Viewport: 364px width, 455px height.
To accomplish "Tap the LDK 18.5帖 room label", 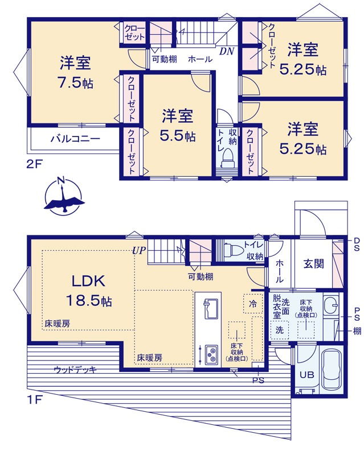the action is point(89,291).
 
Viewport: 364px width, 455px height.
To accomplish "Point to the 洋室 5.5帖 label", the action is point(178,125).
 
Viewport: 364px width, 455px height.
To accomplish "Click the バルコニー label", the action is point(76,138).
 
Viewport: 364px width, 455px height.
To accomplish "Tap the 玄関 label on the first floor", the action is point(313,264).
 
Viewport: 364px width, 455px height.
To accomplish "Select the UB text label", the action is point(307,375).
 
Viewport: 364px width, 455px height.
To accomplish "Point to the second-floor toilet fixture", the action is point(228,159).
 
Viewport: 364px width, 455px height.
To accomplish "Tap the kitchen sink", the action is point(211,308).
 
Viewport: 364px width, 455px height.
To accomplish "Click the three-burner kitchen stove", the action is point(211,354).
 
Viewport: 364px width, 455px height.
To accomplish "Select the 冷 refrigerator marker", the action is point(253,304).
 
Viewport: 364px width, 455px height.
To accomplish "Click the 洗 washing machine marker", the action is point(279,330).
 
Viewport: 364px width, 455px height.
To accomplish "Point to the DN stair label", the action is point(227,51).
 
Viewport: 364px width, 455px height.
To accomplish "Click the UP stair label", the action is point(138,250).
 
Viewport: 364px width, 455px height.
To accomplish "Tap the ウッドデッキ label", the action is point(75,370).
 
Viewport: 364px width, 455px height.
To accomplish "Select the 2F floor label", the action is point(35,164).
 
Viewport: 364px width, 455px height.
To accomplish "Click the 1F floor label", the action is point(35,400).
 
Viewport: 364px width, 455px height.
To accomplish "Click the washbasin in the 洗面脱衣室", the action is point(331,305).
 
